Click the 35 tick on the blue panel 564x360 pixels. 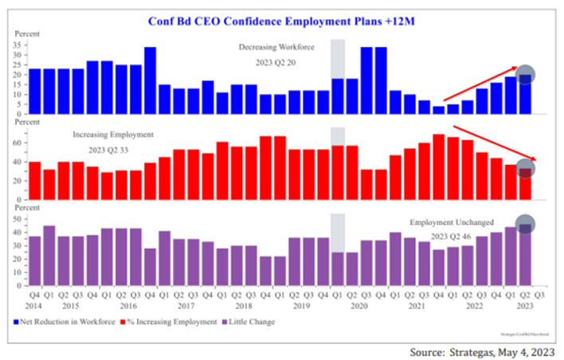pos(18,46)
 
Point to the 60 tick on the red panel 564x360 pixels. pos(18,143)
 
